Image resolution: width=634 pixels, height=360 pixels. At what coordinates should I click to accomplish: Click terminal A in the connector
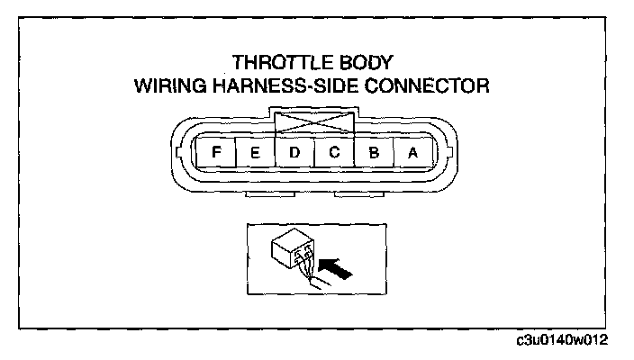tap(412, 152)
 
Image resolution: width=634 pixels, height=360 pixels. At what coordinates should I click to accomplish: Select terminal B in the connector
tap(374, 152)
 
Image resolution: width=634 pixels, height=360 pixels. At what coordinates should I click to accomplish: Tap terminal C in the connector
tap(334, 152)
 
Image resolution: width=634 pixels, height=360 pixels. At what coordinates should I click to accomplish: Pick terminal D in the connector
tap(294, 152)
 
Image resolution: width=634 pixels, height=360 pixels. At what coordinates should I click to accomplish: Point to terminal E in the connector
tap(256, 152)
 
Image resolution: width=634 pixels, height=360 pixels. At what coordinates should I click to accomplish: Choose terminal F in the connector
tap(216, 152)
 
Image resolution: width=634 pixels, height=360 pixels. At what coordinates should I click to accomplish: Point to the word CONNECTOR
tap(437, 87)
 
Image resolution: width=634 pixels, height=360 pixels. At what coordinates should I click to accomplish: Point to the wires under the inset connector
tap(307, 275)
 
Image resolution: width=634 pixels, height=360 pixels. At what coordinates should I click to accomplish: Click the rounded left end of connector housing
tap(179, 153)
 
